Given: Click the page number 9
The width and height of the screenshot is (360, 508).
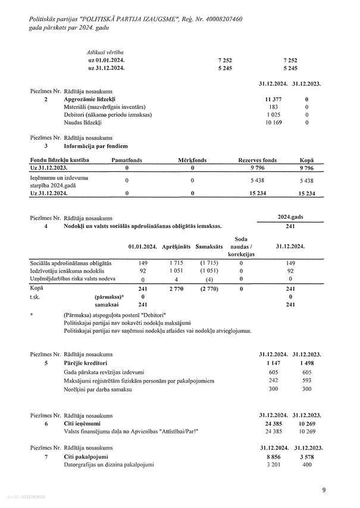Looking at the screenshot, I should [x=324, y=490].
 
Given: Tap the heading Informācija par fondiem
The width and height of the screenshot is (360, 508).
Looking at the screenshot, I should [x=95, y=145].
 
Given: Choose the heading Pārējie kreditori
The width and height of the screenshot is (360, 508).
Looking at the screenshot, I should [x=85, y=362].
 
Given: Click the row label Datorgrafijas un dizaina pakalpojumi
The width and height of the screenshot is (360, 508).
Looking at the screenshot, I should [x=109, y=465].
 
